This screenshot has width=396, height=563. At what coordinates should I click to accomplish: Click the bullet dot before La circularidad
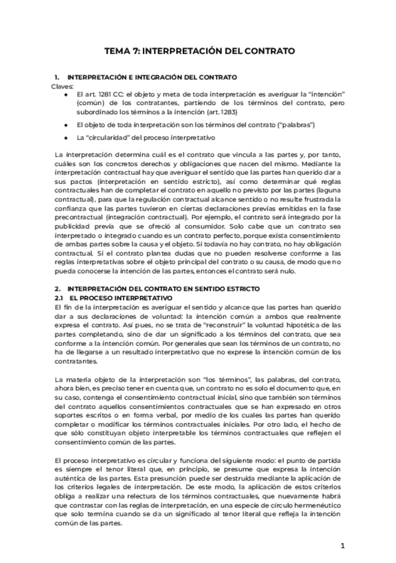(66, 137)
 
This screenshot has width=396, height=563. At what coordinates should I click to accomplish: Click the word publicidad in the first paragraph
(74, 226)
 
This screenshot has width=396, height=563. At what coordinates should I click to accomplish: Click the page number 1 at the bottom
(342, 546)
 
